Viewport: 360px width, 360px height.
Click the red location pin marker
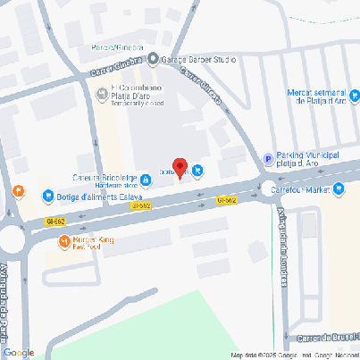click(x=179, y=167)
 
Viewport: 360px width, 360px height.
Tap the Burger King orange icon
click(x=64, y=242)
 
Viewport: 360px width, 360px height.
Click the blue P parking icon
click(x=267, y=159)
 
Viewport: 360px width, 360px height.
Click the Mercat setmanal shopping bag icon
click(x=355, y=93)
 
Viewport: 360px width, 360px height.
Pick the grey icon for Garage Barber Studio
click(x=153, y=60)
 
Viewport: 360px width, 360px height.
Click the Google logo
click(x=18, y=352)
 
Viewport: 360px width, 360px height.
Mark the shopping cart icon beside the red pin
click(x=197, y=172)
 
